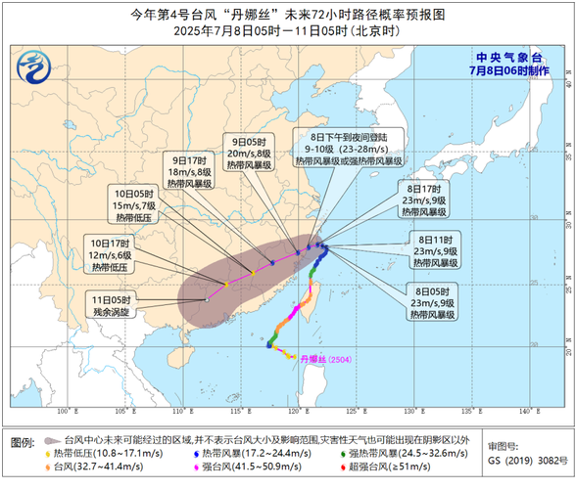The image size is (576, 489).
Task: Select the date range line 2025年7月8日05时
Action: point(287,31)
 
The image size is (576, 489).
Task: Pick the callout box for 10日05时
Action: point(135,206)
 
